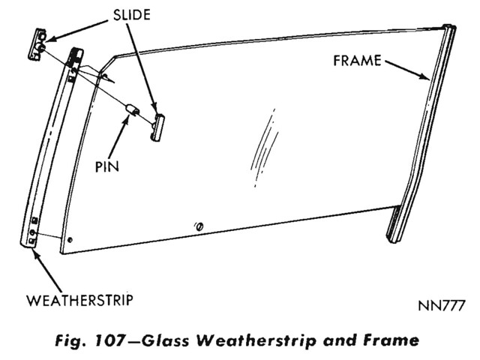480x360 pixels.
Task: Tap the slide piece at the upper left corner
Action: pyautogui.click(x=40, y=44)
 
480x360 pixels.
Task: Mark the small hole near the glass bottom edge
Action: pyautogui.click(x=199, y=226)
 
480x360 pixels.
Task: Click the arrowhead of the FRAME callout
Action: pyautogui.click(x=428, y=77)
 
